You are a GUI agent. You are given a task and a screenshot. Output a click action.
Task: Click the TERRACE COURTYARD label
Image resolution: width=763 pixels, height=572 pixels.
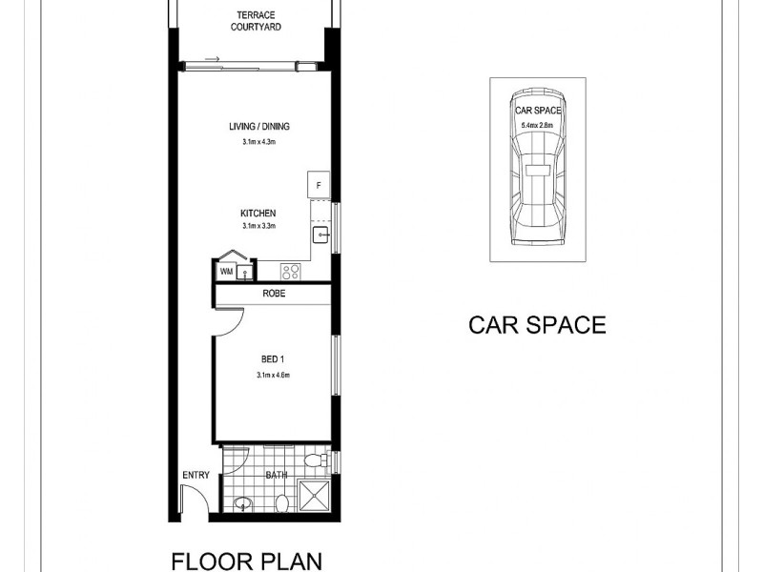click(x=253, y=21)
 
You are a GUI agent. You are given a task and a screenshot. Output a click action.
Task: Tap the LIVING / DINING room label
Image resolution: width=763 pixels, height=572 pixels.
click(x=258, y=127)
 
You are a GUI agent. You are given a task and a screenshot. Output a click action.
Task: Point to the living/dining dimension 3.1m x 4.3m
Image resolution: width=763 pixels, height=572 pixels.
click(x=258, y=142)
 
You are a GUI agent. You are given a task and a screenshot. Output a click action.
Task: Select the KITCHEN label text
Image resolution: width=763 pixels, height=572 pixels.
click(x=258, y=213)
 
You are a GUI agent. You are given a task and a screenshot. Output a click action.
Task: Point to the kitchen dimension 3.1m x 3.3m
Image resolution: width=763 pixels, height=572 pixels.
click(x=258, y=226)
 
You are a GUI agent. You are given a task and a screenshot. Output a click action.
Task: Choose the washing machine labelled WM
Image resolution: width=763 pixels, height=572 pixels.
click(x=226, y=273)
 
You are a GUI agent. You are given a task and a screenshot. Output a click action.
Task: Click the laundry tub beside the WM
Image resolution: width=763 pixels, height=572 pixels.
click(x=245, y=273)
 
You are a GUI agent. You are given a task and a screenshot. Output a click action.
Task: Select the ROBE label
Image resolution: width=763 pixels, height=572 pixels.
click(x=275, y=296)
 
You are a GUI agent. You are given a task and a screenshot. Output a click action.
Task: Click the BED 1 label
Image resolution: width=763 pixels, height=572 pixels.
click(x=273, y=359)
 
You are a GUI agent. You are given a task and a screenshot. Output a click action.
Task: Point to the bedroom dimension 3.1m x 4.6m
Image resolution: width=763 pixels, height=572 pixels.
click(x=273, y=375)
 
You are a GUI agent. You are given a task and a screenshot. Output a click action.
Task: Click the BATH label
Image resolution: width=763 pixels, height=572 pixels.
click(x=276, y=474)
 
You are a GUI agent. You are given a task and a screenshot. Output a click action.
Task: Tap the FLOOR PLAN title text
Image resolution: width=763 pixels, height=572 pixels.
click(x=246, y=559)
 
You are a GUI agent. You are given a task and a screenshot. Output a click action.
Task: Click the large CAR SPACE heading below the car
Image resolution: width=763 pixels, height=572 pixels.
click(x=537, y=325)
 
